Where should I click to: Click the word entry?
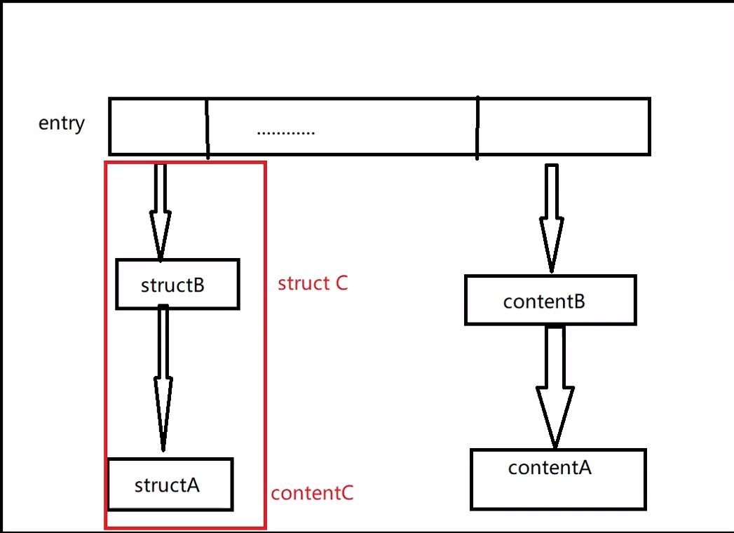click(x=61, y=123)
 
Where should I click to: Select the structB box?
click(x=177, y=284)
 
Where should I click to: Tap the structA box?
click(x=170, y=485)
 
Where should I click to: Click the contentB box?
click(x=550, y=300)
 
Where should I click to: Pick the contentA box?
click(x=557, y=479)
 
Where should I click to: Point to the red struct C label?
click(x=313, y=283)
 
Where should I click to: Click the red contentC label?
click(x=313, y=493)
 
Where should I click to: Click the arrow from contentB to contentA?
click(x=555, y=386)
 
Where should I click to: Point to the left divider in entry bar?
click(x=207, y=128)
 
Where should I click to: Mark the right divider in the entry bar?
click(x=477, y=128)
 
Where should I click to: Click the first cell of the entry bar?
click(x=158, y=126)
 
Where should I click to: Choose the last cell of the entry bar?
click(x=564, y=126)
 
